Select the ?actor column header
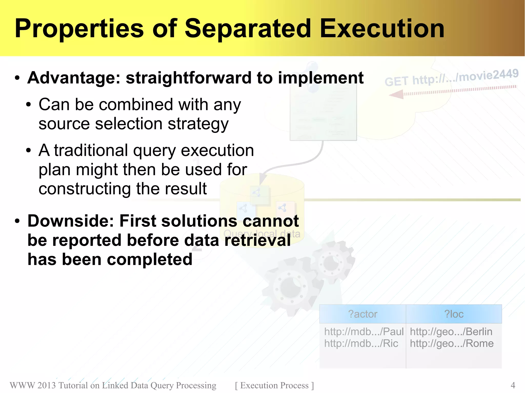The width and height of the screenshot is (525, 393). [x=362, y=314]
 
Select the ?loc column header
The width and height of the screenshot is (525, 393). [x=454, y=314]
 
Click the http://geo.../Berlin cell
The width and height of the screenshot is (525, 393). [x=451, y=332]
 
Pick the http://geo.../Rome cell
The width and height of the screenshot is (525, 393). [x=451, y=343]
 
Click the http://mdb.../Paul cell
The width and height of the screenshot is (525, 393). [x=364, y=332]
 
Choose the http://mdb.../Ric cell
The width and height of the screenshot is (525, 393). [x=361, y=343]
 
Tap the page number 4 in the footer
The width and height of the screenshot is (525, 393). [x=513, y=385]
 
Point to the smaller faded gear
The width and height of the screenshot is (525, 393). [x=332, y=262]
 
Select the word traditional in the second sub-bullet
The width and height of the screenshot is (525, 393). [x=91, y=150]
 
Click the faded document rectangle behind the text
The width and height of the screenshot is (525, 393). [x=323, y=113]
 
